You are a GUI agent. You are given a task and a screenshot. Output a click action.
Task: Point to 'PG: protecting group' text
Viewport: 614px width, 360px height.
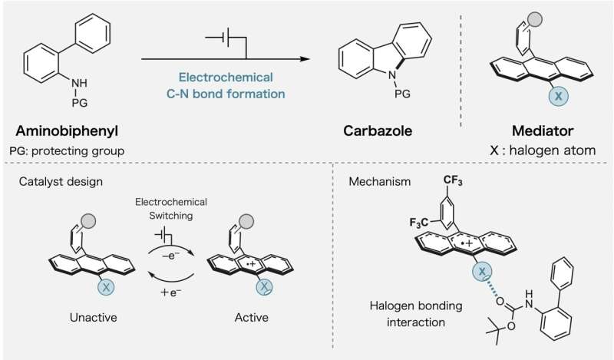67,150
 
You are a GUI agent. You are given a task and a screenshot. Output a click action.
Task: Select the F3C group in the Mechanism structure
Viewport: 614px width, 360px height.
420,223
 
